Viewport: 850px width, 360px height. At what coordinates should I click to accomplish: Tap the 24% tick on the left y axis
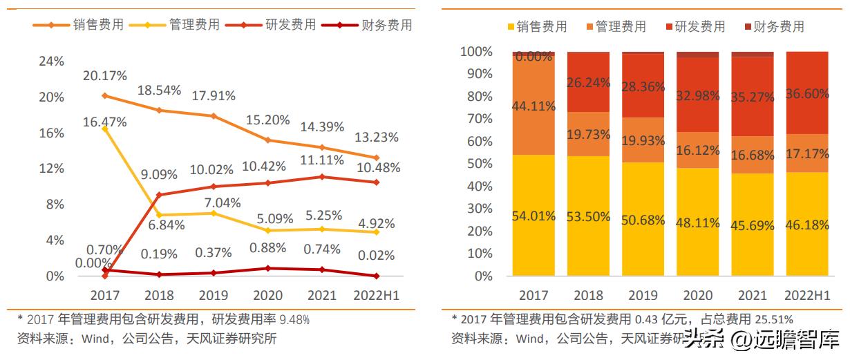[50, 61]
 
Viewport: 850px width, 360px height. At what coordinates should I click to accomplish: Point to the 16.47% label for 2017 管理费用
[105, 122]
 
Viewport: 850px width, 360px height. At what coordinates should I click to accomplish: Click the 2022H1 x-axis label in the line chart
[376, 295]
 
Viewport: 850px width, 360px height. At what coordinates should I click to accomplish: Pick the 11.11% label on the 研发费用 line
[321, 160]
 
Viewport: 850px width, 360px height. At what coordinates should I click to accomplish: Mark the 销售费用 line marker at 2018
[159, 111]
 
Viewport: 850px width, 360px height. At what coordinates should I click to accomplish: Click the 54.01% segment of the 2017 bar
[533, 216]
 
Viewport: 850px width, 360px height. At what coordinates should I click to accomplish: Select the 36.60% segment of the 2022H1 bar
[807, 94]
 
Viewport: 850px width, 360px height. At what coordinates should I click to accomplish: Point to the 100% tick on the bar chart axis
[477, 52]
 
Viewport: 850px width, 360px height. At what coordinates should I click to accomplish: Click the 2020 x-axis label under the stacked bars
[697, 295]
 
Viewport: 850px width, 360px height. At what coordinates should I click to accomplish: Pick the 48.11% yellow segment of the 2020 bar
[697, 222]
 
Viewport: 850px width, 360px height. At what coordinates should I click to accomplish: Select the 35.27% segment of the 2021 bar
[752, 97]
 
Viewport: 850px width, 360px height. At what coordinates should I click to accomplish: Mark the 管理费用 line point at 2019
[214, 213]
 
